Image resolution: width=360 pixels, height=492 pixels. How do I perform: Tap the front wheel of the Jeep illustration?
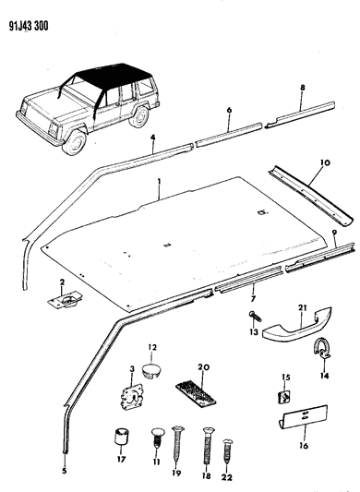74,139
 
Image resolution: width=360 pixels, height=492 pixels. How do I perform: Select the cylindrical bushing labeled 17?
118,437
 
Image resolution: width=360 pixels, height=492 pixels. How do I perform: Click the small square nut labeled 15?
286,399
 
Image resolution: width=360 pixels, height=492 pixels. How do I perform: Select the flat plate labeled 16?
305,423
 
